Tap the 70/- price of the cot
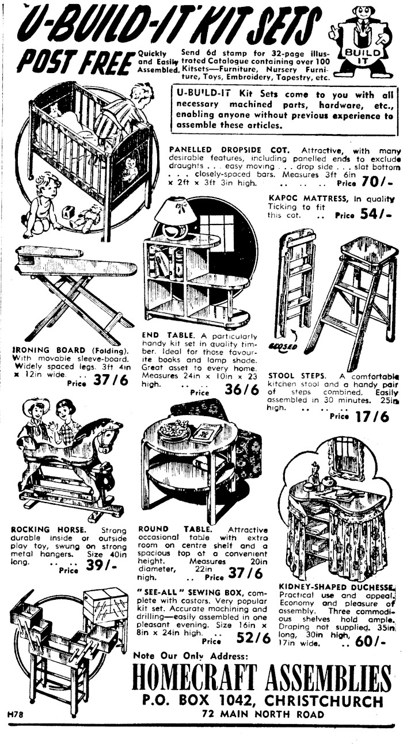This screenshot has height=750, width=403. tap(376, 182)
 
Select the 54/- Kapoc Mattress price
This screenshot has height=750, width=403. tap(376, 214)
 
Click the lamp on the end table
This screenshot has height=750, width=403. tap(175, 218)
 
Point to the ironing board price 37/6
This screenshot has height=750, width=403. tap(111, 380)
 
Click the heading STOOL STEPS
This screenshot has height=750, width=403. tap(296, 375)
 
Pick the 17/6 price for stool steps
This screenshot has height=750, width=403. tap(372, 417)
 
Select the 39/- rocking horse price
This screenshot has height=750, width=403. tap(101, 566)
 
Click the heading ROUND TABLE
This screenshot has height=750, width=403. tap(175, 530)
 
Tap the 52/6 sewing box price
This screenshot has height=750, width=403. tap(253, 638)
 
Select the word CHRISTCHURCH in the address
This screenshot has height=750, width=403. tap(324, 700)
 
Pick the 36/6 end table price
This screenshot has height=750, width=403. tap(242, 390)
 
